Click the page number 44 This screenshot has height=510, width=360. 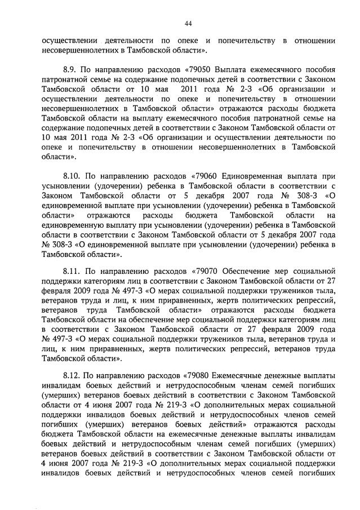point(188,23)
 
